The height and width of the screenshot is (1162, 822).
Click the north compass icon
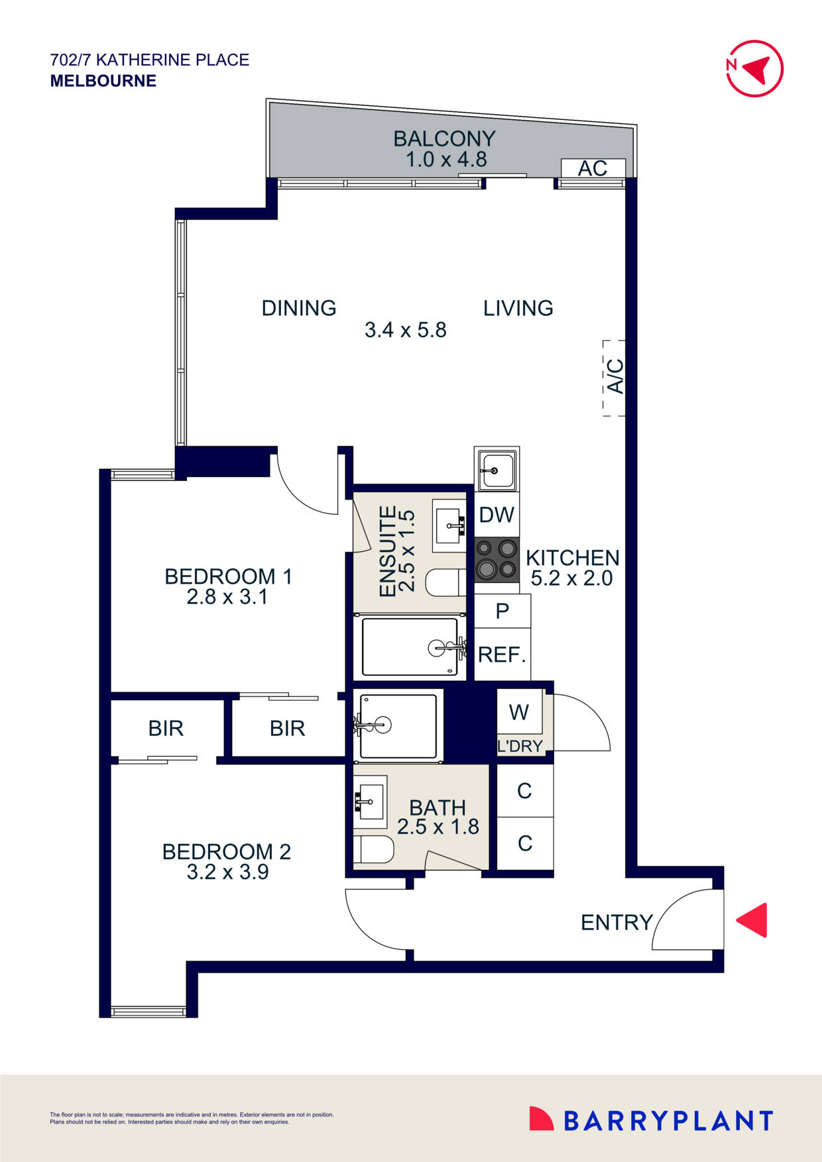click(754, 68)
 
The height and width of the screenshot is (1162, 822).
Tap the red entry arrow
click(752, 920)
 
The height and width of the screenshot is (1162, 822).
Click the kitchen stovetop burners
click(497, 559)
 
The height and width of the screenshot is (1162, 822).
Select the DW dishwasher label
click(497, 515)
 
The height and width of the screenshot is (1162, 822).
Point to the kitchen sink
click(497, 469)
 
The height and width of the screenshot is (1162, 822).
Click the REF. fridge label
click(502, 655)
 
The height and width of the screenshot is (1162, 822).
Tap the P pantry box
click(502, 611)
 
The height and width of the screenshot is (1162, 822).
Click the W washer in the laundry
click(519, 712)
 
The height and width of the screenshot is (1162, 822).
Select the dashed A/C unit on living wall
click(614, 378)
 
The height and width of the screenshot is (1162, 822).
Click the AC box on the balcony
click(593, 168)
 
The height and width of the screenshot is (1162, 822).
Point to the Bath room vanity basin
click(370, 801)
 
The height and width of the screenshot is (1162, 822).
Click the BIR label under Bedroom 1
click(287, 729)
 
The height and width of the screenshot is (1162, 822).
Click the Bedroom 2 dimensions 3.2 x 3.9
click(227, 872)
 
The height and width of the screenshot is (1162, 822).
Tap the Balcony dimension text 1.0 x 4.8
click(446, 160)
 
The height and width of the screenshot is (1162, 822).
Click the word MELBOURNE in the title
click(103, 81)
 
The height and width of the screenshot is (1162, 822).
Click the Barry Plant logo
click(651, 1120)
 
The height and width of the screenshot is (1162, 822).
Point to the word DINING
click(299, 308)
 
